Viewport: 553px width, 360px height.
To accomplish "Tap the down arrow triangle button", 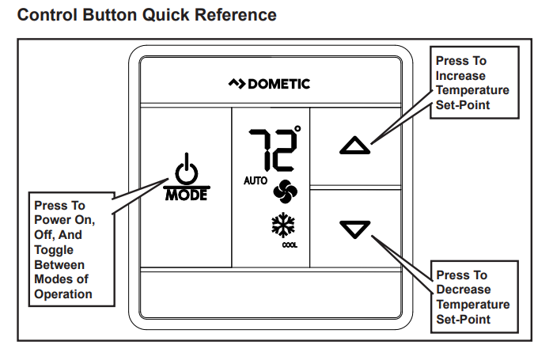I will (354, 229).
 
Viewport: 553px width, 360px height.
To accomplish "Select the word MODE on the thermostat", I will (186, 195).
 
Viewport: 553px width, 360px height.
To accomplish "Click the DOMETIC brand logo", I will (269, 84).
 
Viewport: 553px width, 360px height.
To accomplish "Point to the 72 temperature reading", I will (269, 149).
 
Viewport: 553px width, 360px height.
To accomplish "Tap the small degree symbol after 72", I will (297, 128).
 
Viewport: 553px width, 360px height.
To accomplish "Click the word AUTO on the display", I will (256, 181).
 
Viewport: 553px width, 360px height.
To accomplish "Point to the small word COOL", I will (290, 245).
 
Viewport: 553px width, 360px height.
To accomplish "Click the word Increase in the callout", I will (461, 75).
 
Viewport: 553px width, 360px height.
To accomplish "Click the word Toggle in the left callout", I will (54, 250).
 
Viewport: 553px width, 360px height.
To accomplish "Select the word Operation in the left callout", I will (63, 294).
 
